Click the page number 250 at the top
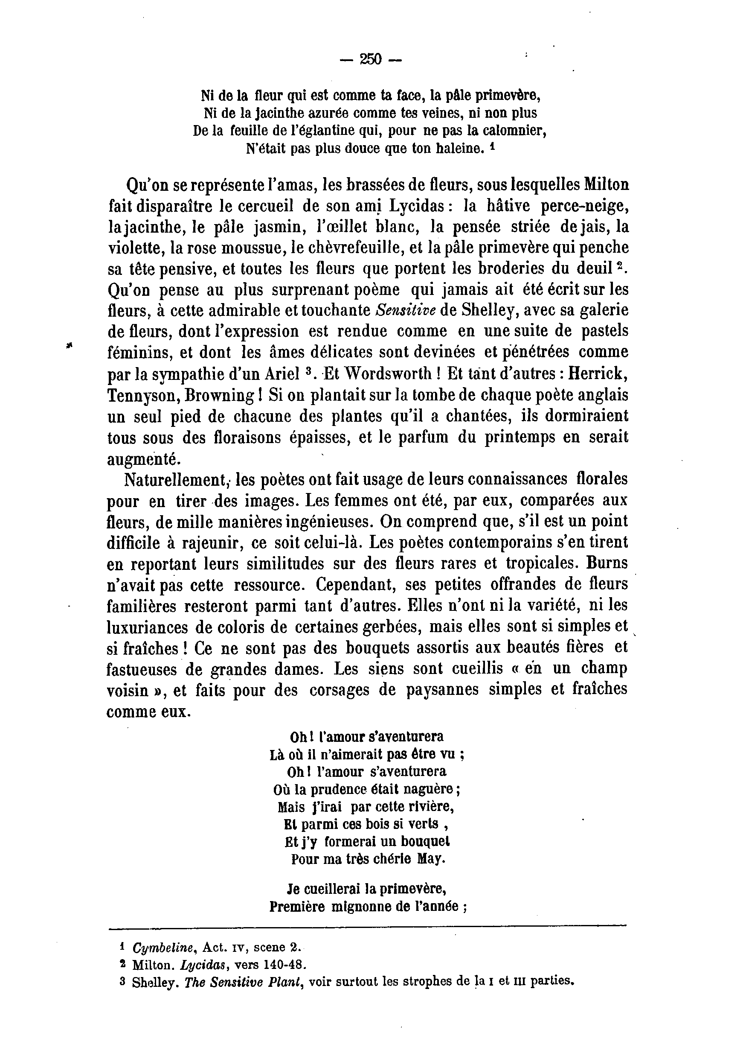coord(371,59)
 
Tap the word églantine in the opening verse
coord(325,131)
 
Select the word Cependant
coord(357,585)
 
